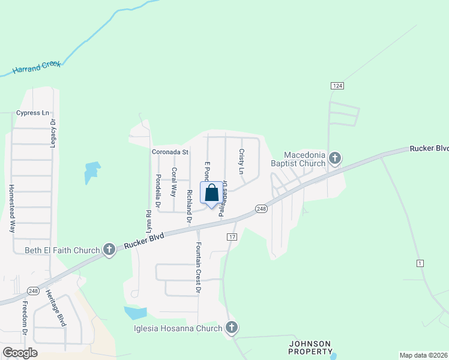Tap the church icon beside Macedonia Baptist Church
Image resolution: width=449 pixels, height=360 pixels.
coord(335,158)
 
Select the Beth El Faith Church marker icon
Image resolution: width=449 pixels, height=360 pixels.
coord(109,250)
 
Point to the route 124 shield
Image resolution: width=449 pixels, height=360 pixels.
coord(338,86)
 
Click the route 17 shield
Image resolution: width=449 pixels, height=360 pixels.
coord(232,237)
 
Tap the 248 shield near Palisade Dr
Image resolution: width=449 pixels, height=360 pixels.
coord(261,208)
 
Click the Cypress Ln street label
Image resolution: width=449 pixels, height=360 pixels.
coord(32,113)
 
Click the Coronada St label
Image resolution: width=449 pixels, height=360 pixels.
coord(170,152)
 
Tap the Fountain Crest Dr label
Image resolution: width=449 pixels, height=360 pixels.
coord(197,268)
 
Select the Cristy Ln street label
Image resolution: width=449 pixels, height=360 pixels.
coord(242,161)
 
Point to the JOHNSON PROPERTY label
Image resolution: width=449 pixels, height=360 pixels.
coord(310,347)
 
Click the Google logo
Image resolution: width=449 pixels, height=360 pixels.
coord(20,353)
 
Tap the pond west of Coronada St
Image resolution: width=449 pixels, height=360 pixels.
coord(91,172)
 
